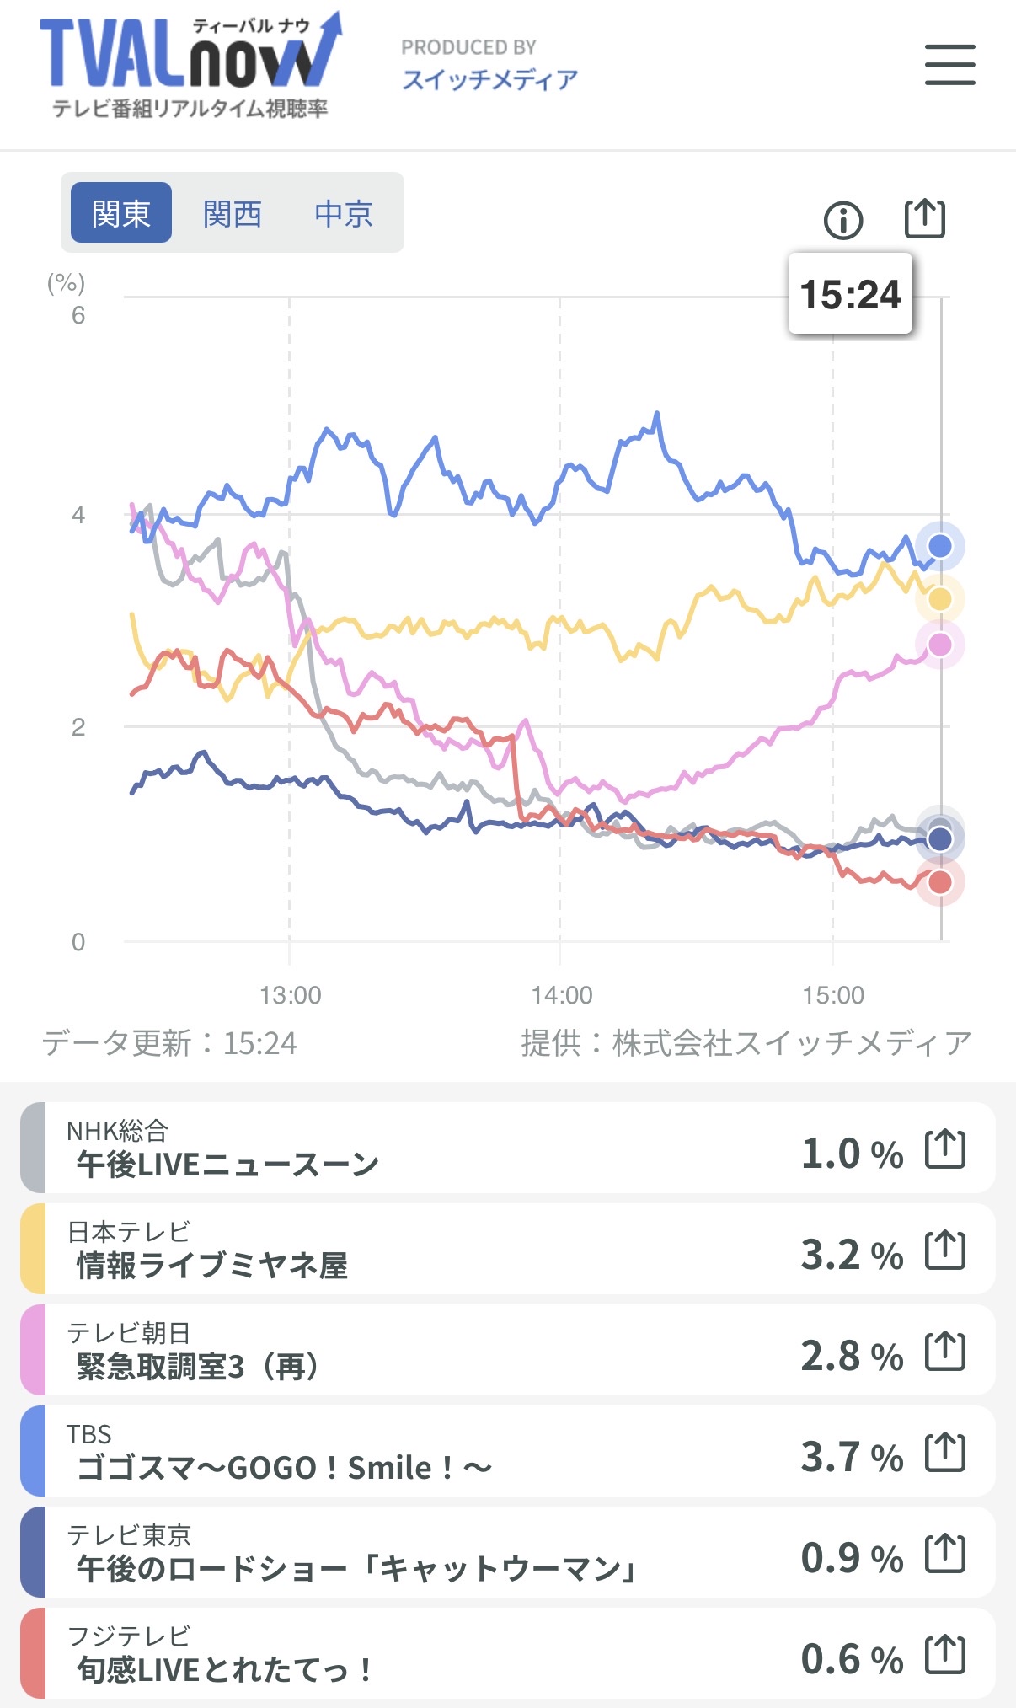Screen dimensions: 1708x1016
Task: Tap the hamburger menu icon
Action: (x=949, y=65)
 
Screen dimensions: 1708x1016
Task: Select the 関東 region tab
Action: (x=121, y=213)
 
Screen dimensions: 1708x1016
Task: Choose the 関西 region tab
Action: (x=233, y=213)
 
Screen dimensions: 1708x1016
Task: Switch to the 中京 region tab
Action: (x=344, y=213)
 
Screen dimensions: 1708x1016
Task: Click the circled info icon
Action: (x=842, y=221)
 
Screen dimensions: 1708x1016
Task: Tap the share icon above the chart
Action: (x=924, y=219)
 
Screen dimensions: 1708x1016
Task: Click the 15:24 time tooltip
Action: (x=850, y=294)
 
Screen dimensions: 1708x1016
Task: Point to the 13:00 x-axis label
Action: (x=291, y=995)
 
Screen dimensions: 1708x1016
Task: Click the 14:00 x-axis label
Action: (x=562, y=995)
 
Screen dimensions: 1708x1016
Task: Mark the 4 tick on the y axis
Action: (x=78, y=514)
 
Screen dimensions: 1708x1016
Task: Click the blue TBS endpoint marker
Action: (x=939, y=546)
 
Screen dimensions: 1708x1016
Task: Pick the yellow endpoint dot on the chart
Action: (x=939, y=599)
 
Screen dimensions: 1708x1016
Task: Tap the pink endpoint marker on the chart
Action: (x=939, y=645)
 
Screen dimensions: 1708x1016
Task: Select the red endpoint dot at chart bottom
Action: (x=939, y=882)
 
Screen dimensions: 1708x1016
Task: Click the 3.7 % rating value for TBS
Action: (x=851, y=1457)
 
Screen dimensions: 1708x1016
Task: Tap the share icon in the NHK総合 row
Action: (x=944, y=1148)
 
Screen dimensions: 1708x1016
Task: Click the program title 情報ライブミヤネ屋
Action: (x=211, y=1265)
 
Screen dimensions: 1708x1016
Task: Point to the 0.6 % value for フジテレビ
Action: (x=851, y=1659)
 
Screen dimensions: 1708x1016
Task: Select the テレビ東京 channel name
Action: (x=129, y=1534)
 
